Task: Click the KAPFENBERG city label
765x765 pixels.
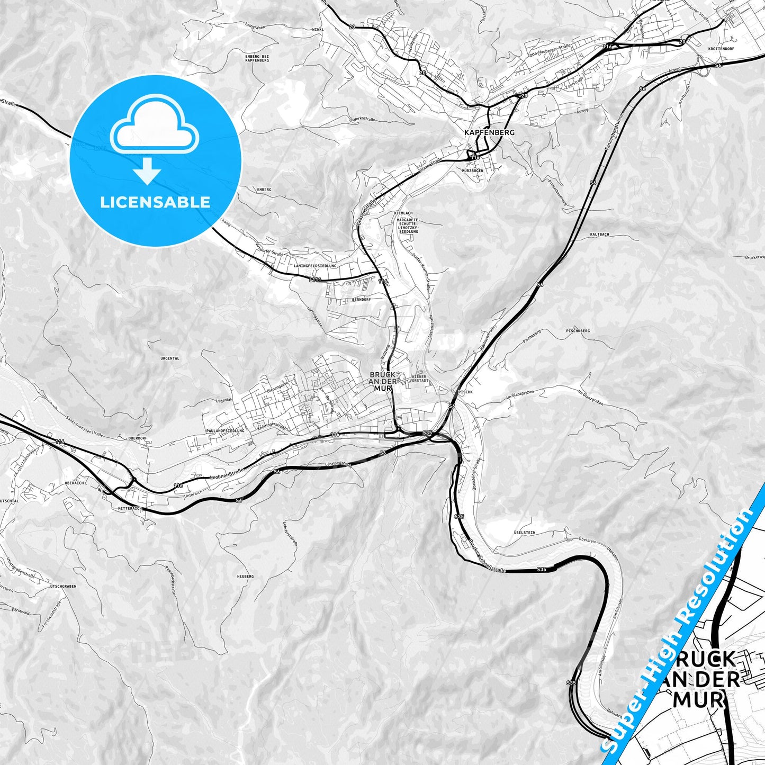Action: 489,132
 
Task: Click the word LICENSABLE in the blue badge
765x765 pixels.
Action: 155,202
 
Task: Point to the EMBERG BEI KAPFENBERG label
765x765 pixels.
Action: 257,58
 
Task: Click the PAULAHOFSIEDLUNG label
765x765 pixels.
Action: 226,431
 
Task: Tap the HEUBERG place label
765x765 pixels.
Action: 246,576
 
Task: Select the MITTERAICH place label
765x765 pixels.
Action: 128,508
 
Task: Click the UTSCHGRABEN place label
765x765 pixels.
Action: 64,586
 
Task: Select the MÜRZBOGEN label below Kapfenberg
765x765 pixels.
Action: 472,170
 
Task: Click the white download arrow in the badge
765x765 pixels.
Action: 148,173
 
